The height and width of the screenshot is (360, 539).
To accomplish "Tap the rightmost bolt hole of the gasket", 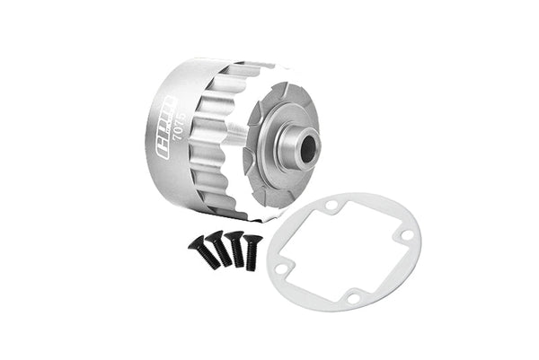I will pos(407,236).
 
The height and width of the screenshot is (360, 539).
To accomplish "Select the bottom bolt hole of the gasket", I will pos(353,297).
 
